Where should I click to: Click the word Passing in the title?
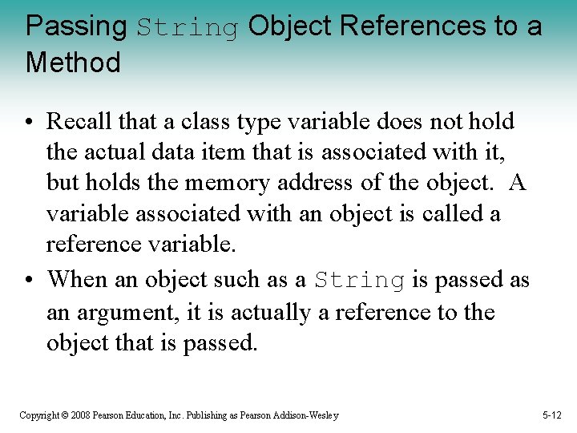coord(76,27)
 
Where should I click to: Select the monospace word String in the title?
coord(188,28)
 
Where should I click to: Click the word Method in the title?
coord(73,63)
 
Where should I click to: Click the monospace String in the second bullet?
coord(359,281)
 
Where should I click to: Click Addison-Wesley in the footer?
coord(309,415)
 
